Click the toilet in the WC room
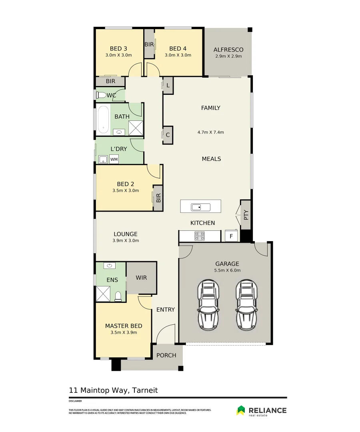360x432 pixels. tap(101, 95)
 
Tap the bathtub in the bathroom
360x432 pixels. tap(104, 120)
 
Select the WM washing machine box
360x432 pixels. tap(114, 159)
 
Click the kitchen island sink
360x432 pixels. tap(201, 207)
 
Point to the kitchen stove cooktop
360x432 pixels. tap(200, 236)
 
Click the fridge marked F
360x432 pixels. tap(231, 236)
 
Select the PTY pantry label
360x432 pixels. tap(246, 215)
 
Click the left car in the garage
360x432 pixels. tap(208, 304)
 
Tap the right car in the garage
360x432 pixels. tap(247, 304)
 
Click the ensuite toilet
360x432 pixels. tap(118, 296)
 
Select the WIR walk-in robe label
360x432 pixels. tap(141, 278)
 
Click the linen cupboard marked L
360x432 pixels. tap(168, 86)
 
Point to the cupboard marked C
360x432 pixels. tap(168, 135)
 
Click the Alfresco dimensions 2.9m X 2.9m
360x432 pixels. tap(229, 56)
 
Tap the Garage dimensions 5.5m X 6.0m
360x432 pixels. tap(227, 270)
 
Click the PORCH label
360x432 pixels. tap(166, 356)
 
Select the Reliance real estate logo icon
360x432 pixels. tap(241, 410)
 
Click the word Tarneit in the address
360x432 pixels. tap(145, 390)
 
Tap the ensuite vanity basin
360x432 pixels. tap(110, 266)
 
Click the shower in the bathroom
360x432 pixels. tap(136, 128)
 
